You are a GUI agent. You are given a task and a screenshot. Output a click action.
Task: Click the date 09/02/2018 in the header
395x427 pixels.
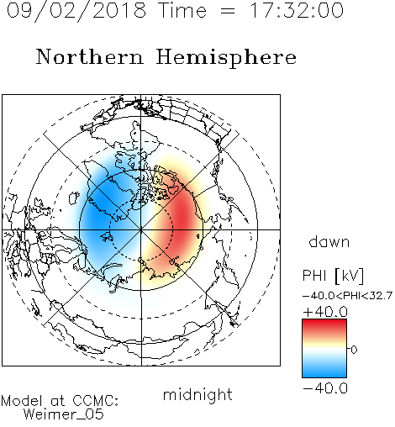pyautogui.click(x=76, y=11)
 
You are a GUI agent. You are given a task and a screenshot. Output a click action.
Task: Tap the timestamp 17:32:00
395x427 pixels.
pyautogui.click(x=297, y=10)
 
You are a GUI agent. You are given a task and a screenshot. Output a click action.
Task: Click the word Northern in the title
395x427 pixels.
pyautogui.click(x=90, y=56)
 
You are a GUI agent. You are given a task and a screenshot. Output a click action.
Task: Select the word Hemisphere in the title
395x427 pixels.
pyautogui.click(x=226, y=58)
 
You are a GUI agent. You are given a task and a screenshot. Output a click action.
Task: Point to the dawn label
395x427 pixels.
pyautogui.click(x=329, y=241)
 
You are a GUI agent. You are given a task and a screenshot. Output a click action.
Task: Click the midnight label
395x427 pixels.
pyautogui.click(x=197, y=394)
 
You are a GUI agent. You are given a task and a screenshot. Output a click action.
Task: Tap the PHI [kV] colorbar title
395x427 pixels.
pyautogui.click(x=333, y=276)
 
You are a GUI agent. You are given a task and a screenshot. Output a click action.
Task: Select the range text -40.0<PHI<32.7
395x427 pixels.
pyautogui.click(x=347, y=296)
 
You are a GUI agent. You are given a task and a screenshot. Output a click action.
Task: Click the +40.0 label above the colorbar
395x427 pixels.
pyautogui.click(x=325, y=312)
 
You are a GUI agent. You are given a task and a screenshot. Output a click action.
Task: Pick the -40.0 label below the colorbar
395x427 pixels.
pyautogui.click(x=325, y=388)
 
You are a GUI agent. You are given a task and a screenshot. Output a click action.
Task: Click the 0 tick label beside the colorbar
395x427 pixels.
pyautogui.click(x=354, y=350)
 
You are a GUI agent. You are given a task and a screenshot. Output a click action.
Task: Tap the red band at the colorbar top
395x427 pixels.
pyautogui.click(x=324, y=325)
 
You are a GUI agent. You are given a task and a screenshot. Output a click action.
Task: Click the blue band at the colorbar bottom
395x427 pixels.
pyautogui.click(x=324, y=372)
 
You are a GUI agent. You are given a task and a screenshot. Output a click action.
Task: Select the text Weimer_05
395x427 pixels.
pyautogui.click(x=64, y=414)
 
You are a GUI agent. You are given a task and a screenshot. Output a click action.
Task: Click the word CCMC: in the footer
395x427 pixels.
pyautogui.click(x=96, y=401)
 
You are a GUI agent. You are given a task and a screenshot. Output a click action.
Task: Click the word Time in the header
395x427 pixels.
pyautogui.click(x=182, y=10)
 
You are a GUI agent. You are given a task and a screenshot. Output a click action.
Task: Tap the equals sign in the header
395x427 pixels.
pyautogui.click(x=228, y=11)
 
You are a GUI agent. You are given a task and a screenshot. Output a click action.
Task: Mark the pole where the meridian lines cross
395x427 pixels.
pyautogui.click(x=141, y=229)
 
